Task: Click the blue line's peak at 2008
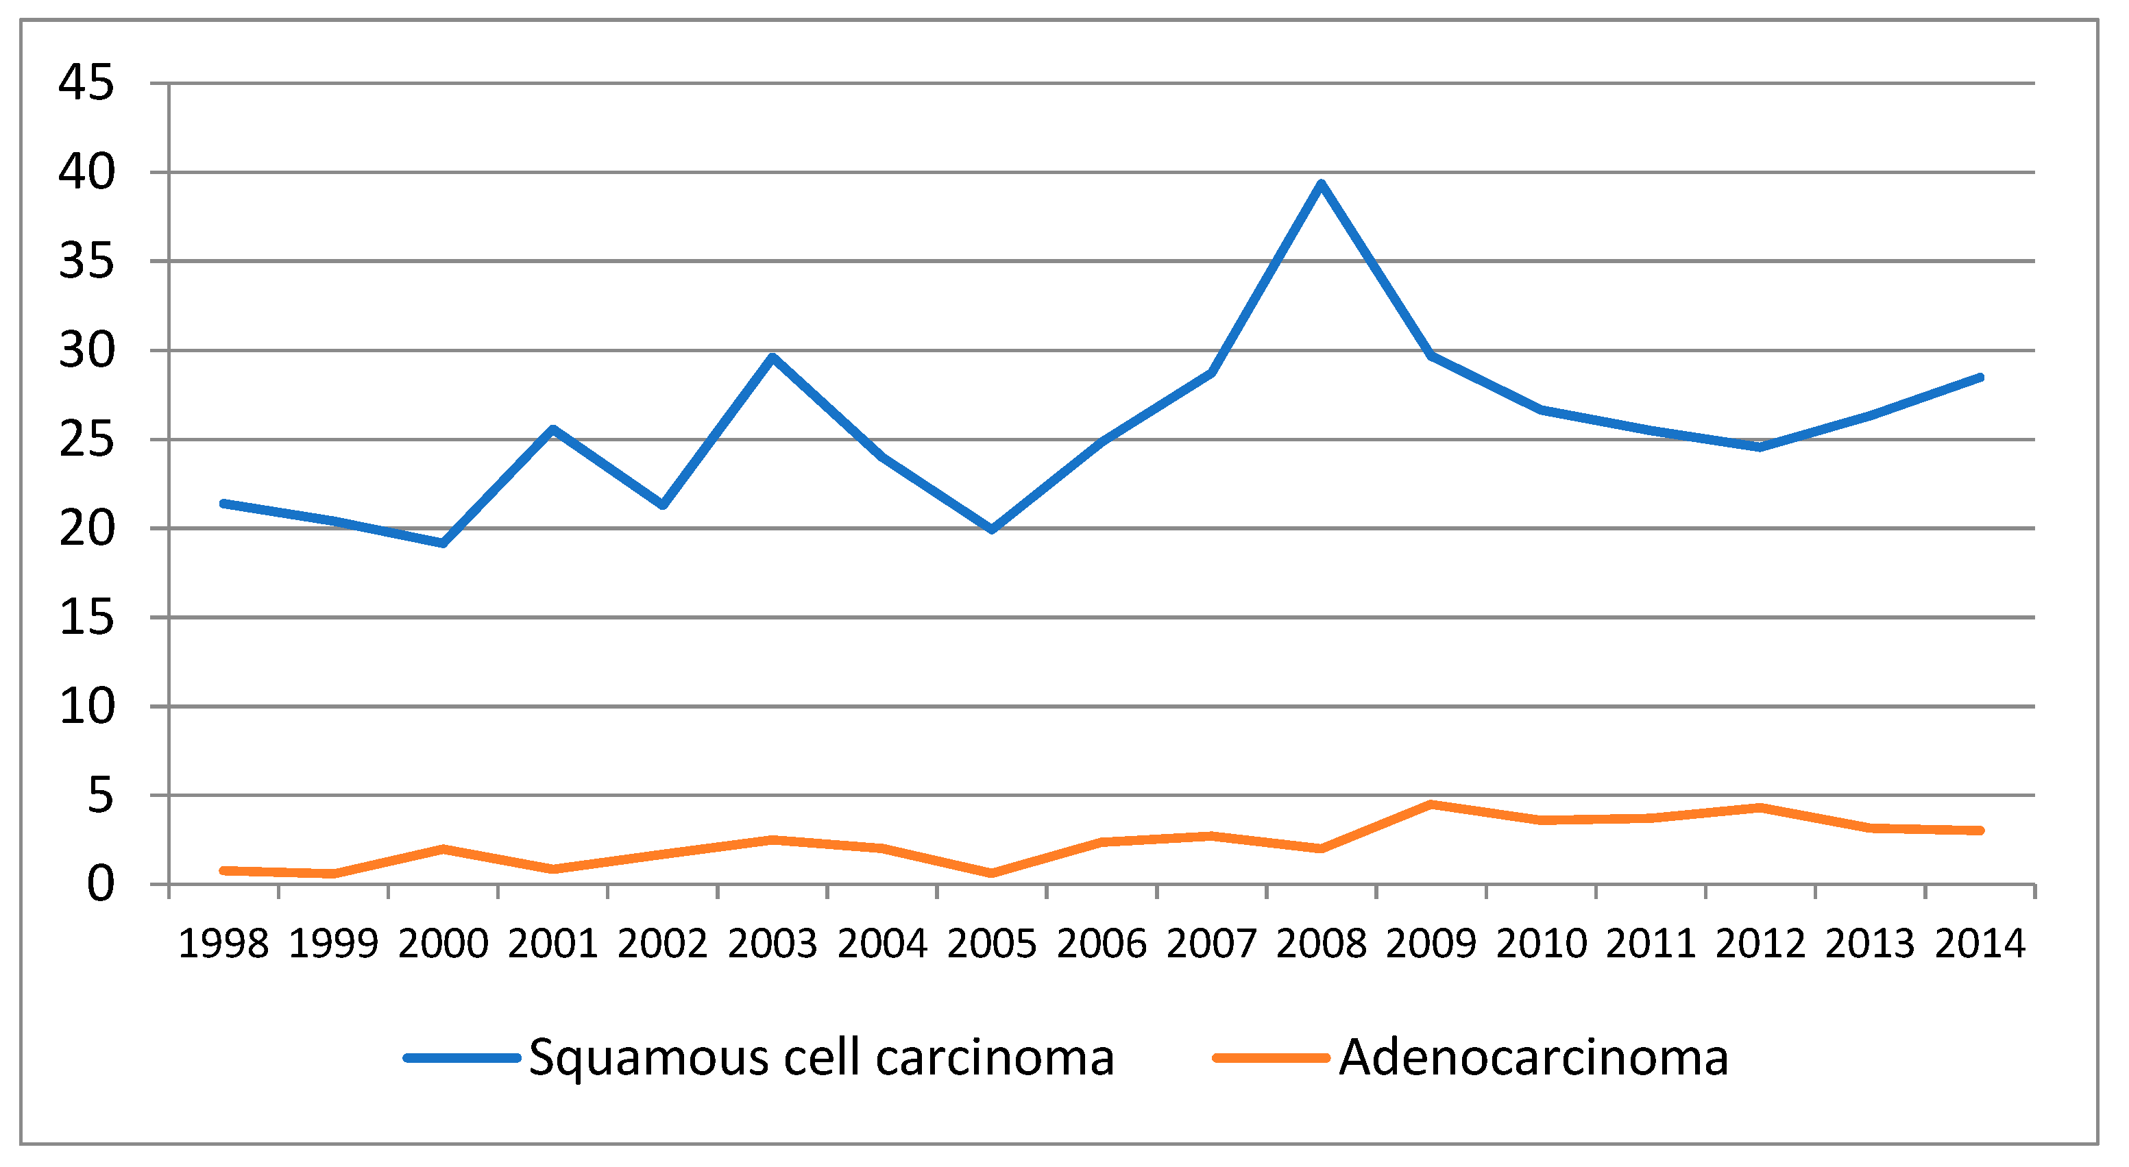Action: (x=1321, y=184)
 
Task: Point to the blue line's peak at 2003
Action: (x=772, y=357)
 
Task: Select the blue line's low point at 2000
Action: (x=443, y=543)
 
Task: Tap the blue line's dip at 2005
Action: (x=992, y=529)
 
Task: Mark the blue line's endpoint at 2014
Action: (x=1980, y=378)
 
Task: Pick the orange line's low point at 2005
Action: (x=992, y=873)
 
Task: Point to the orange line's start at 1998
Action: (x=224, y=870)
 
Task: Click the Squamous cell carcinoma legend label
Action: (x=822, y=1057)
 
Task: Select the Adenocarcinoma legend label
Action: (x=1533, y=1057)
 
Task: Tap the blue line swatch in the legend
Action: (x=461, y=1058)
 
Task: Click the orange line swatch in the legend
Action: (x=1270, y=1058)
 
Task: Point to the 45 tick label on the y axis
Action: (x=86, y=83)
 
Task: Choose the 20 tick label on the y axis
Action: (x=86, y=529)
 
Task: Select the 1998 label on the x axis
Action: (x=224, y=943)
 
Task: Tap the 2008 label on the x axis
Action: (x=1321, y=943)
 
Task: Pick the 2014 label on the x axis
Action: (x=1980, y=943)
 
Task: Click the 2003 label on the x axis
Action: (x=772, y=943)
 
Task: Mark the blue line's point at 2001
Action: (x=553, y=429)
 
